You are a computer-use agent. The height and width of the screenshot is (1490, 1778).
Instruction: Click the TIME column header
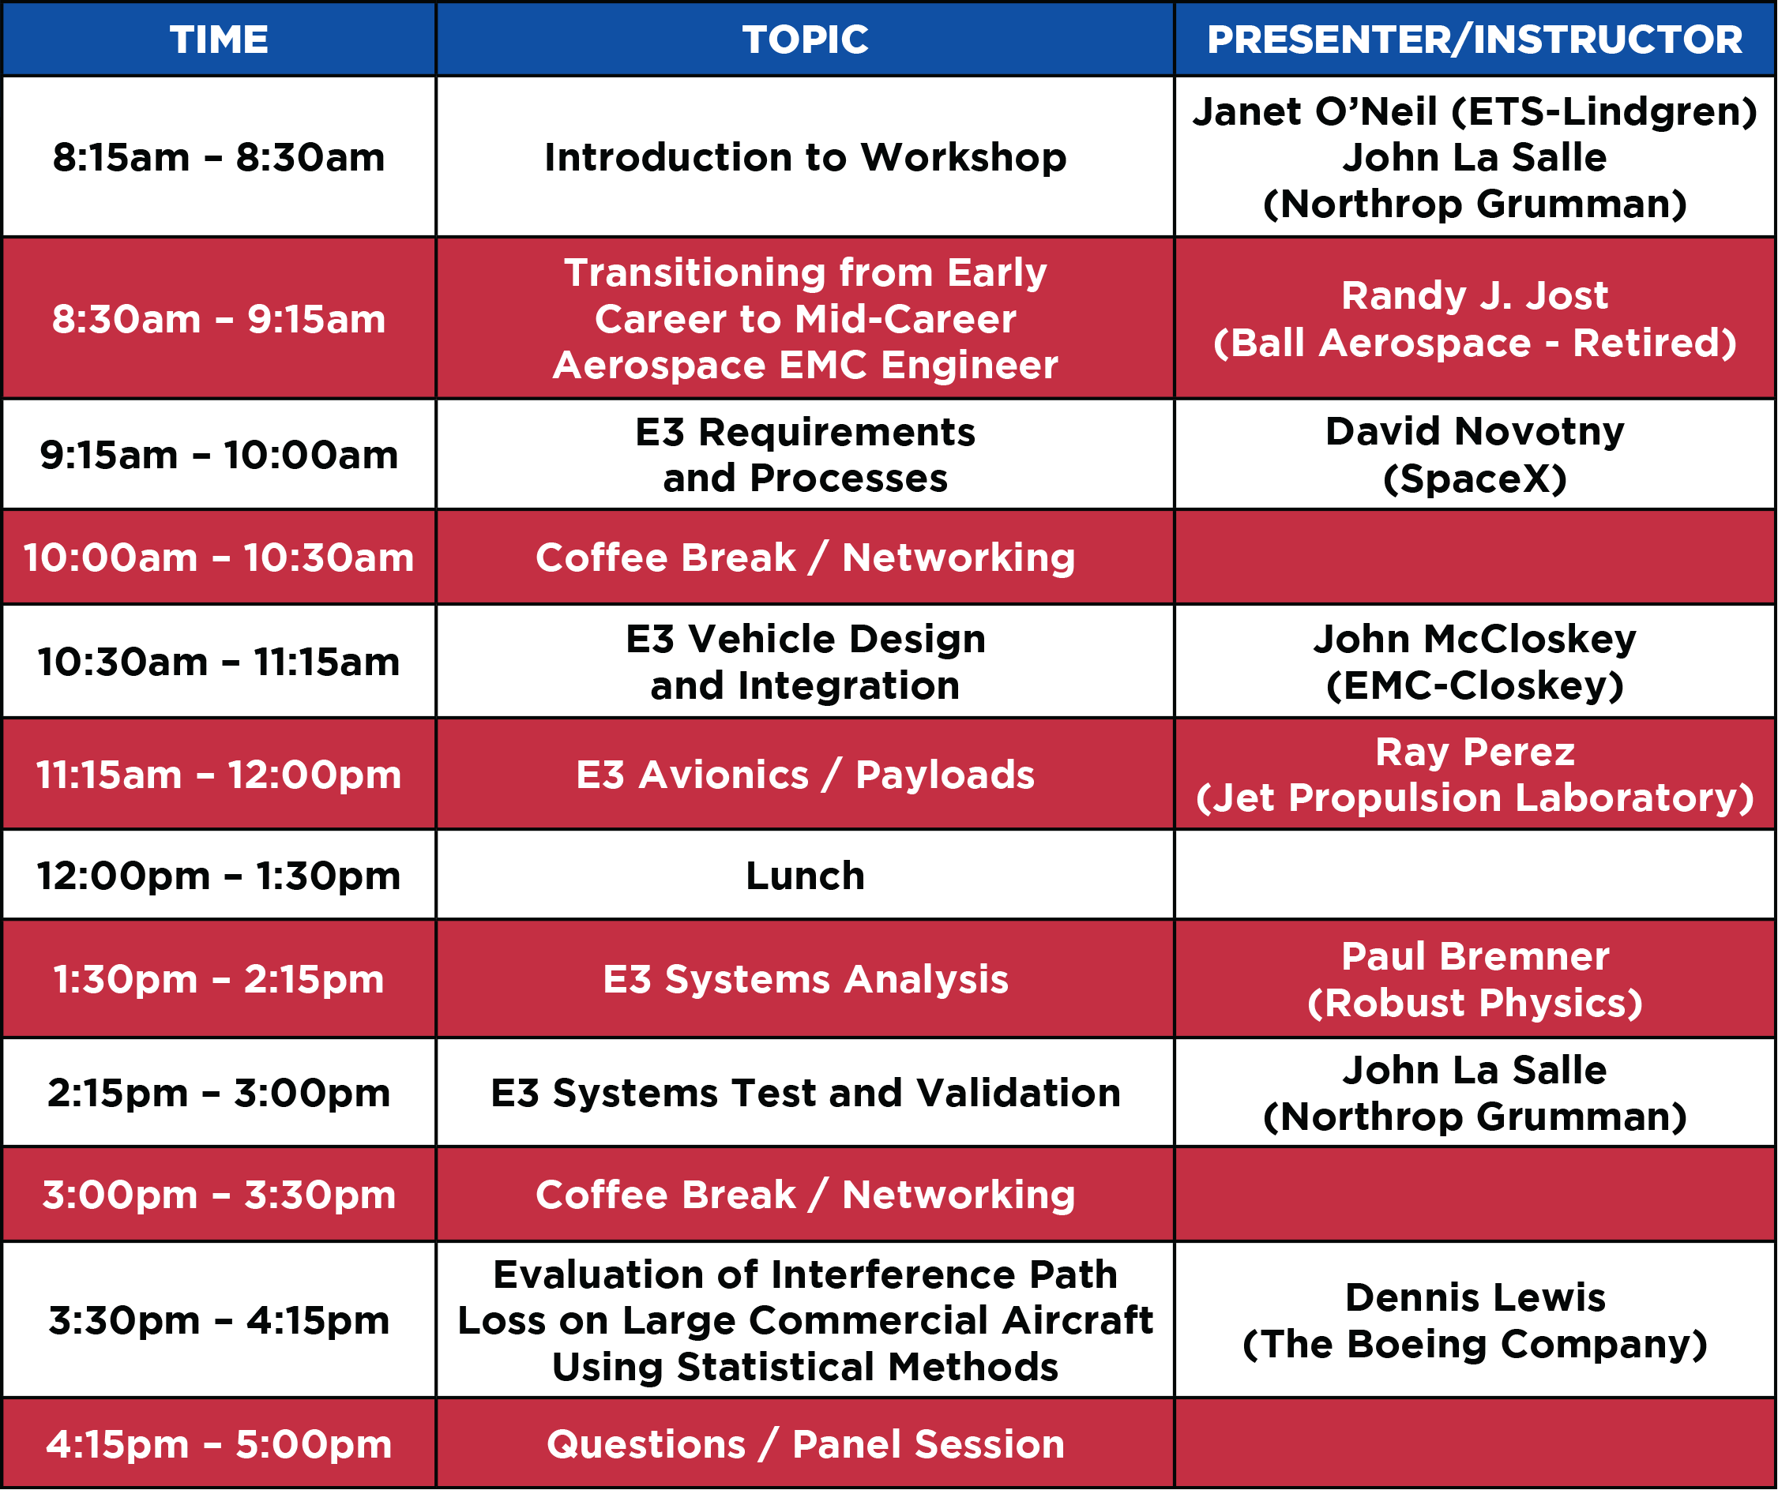click(x=220, y=39)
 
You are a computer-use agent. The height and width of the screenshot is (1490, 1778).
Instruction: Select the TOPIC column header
click(x=805, y=39)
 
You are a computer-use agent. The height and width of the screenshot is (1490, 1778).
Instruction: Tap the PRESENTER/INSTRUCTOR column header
click(x=1475, y=39)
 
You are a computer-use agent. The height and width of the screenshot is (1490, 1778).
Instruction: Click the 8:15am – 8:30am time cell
click(x=220, y=157)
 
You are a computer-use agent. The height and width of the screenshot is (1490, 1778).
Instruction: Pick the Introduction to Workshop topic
click(x=805, y=157)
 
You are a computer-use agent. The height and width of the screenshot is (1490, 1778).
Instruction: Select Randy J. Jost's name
click(x=1475, y=295)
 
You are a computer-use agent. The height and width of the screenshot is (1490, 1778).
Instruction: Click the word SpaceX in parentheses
click(x=1475, y=479)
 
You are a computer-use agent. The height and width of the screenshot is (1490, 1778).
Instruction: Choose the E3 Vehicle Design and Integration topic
click(x=805, y=662)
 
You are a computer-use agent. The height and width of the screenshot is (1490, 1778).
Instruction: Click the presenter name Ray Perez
click(x=1475, y=752)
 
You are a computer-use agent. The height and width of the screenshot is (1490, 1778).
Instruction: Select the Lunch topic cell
click(x=805, y=876)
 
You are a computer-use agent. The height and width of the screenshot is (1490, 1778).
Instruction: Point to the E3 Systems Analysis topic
click(x=805, y=979)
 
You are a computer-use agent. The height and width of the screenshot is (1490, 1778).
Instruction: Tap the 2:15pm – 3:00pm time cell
click(x=220, y=1093)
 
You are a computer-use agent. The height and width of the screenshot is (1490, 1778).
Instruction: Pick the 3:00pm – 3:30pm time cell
click(x=220, y=1195)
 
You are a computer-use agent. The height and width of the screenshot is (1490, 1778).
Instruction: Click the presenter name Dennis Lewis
click(x=1475, y=1298)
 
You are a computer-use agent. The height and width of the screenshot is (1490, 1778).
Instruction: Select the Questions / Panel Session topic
click(x=805, y=1444)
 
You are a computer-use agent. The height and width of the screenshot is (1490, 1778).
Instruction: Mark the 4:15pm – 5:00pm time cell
click(x=220, y=1444)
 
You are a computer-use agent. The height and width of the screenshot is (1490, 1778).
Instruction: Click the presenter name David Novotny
click(x=1475, y=432)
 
